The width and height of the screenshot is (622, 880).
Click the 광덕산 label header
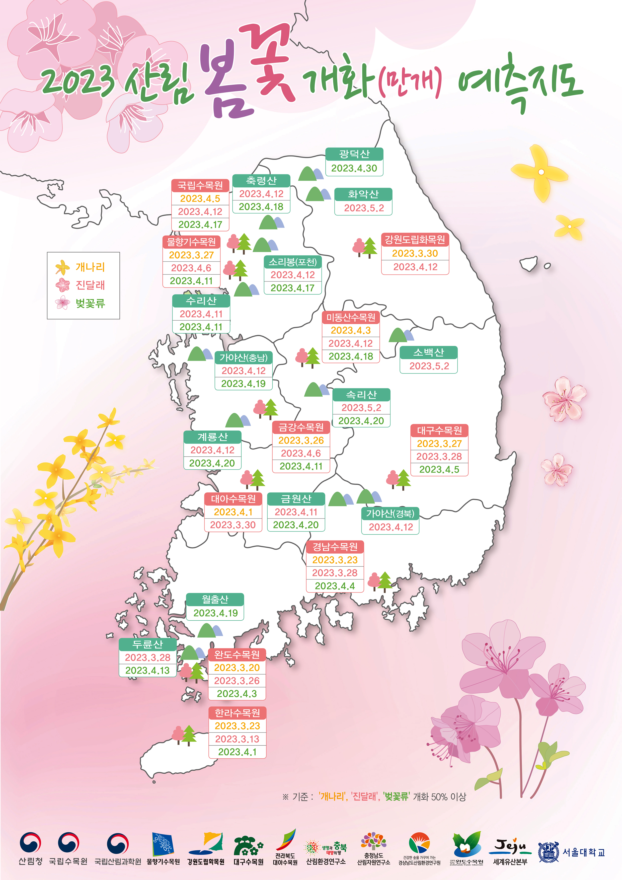(x=354, y=154)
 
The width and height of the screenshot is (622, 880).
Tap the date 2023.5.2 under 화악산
(x=363, y=208)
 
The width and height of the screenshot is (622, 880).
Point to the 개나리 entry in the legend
(x=90, y=267)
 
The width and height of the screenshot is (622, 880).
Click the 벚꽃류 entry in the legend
(x=90, y=304)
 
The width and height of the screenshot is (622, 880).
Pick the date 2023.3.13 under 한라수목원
(x=237, y=739)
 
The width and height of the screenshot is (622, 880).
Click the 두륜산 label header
(x=147, y=644)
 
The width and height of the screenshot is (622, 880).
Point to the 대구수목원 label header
(x=439, y=430)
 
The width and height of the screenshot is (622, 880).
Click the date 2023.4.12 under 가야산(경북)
(x=391, y=527)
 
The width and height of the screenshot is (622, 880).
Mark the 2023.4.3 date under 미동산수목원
(x=351, y=330)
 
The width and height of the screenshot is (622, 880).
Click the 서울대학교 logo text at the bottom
(x=583, y=852)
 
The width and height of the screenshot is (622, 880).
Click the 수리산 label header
(x=201, y=301)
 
